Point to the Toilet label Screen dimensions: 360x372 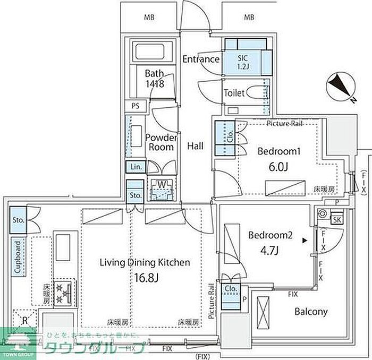[x=234, y=93]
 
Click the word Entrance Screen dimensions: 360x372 [x=201, y=59]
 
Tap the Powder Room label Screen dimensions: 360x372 [x=160, y=142]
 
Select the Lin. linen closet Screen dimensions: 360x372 [x=136, y=167]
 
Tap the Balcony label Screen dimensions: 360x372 [x=311, y=312]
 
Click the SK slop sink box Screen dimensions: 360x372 [x=337, y=220]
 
